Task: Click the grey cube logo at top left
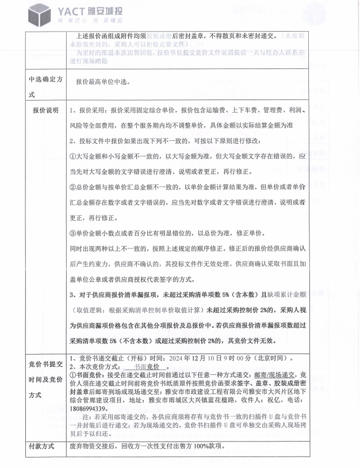point(39,14)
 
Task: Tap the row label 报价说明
point(45,110)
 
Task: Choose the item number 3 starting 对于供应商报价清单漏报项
point(71,294)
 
